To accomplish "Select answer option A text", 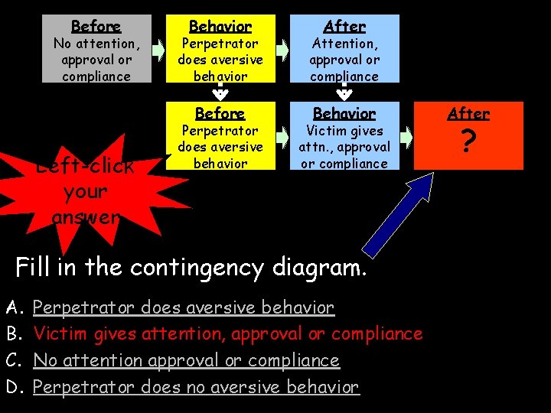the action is pos(184,308).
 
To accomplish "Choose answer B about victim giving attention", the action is pos(228,334).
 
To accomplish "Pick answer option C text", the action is pos(186,360).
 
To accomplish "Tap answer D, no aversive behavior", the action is pos(196,387).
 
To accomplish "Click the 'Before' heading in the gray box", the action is pos(96,27).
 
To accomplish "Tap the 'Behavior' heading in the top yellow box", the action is pos(220,27).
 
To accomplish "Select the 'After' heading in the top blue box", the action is pos(344,27).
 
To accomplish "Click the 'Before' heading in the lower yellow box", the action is pos(220,114).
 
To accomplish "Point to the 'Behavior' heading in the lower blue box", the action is pos(344,114).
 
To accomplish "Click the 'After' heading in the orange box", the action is pos(468,114).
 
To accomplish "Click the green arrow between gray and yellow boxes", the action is pos(158,50).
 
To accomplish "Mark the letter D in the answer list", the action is pos(12,387).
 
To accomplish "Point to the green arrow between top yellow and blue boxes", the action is pos(282,50).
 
